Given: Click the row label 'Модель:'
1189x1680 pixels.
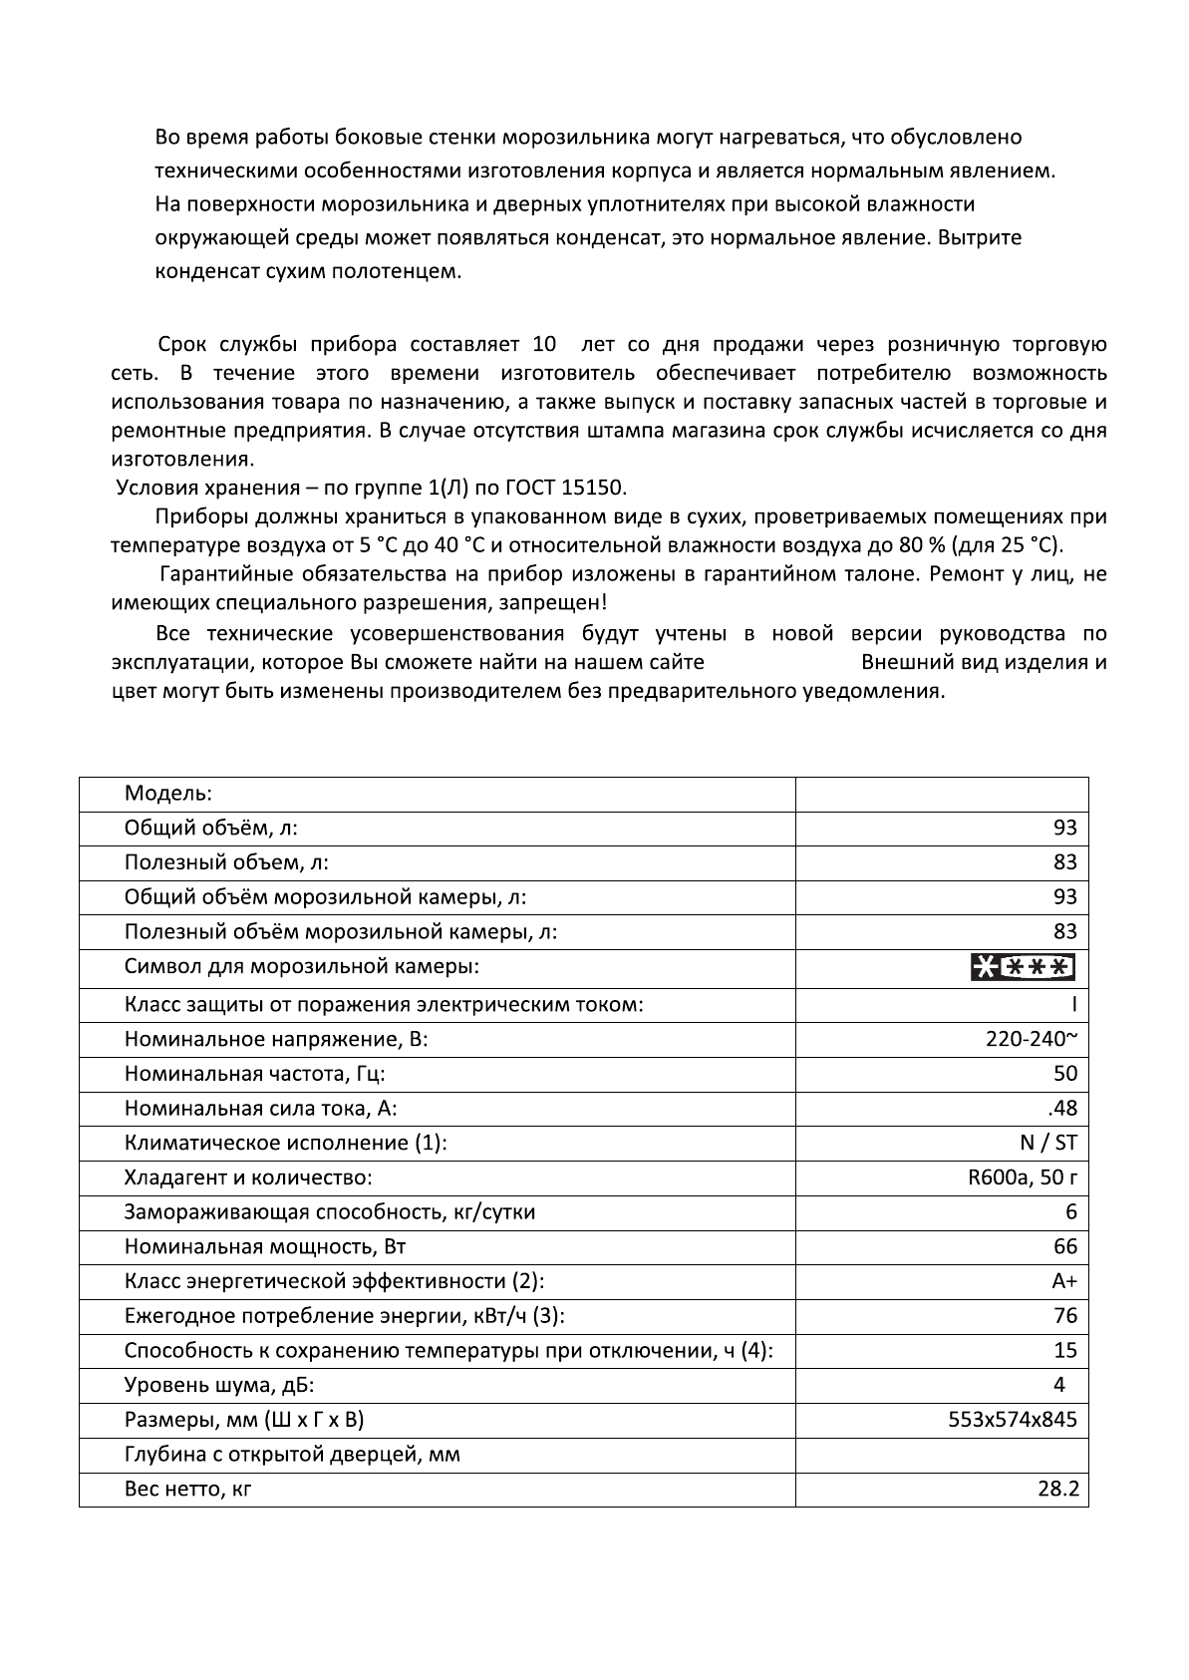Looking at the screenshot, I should [168, 794].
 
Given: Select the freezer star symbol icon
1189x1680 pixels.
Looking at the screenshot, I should [1023, 967].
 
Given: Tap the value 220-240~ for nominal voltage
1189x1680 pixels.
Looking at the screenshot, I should [1031, 1039].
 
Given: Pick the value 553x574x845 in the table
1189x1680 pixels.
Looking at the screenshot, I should [1013, 1419].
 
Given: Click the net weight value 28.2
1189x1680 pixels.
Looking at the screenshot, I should [1057, 1490].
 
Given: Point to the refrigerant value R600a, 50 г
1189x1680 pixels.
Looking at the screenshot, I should [1023, 1177].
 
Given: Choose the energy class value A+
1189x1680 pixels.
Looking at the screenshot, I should [1064, 1281].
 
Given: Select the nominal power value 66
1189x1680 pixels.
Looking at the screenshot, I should [1065, 1246].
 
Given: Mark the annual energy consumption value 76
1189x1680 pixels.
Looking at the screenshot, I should [1065, 1315].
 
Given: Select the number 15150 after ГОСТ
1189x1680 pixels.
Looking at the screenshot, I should [593, 488].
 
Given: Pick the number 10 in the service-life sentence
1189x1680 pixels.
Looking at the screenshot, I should [544, 345].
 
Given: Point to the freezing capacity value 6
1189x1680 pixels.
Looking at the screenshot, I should [1071, 1211].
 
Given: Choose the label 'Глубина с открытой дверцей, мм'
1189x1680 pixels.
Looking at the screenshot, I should [293, 1454].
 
